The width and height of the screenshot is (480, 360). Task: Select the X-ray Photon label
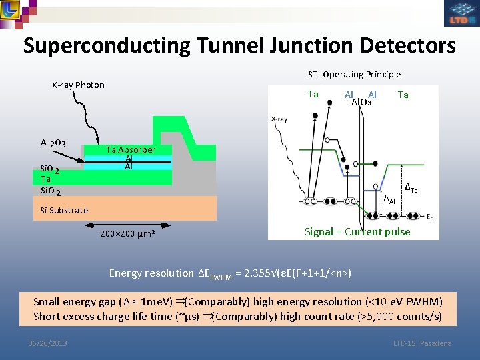coord(78,85)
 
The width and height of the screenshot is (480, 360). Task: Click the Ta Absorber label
coord(131,149)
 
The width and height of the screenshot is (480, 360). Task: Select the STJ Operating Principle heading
coord(354,74)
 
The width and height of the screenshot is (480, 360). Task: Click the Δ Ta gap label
coord(412,190)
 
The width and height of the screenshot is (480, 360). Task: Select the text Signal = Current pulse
coord(357,232)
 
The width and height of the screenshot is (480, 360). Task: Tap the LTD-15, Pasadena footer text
coord(422,343)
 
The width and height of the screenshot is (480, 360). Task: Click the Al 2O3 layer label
coord(53,143)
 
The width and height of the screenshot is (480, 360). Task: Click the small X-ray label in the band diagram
coord(279,119)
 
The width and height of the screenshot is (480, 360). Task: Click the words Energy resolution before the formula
coord(151,273)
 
